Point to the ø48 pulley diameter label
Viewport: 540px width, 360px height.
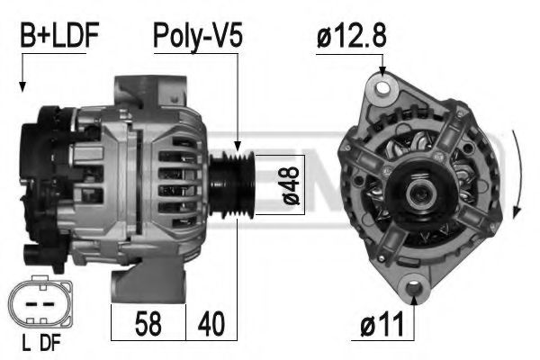pyautogui.click(x=291, y=185)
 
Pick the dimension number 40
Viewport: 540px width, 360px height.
pyautogui.click(x=211, y=322)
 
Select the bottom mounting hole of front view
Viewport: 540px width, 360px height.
pyautogui.click(x=415, y=290)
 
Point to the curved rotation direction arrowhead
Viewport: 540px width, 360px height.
pyautogui.click(x=517, y=212)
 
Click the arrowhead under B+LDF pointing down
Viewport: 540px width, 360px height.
pyautogui.click(x=22, y=87)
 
